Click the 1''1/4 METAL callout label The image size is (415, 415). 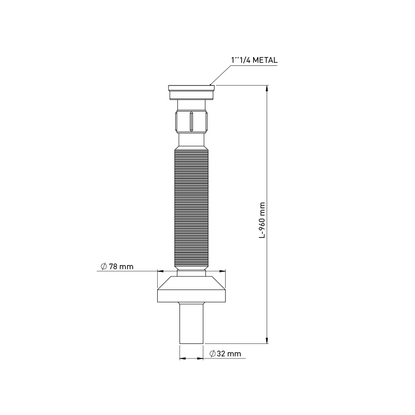tap(254, 61)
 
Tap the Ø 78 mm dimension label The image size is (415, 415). tap(117, 267)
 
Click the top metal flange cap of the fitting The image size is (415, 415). tap(192, 92)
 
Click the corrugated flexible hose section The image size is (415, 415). tap(192, 208)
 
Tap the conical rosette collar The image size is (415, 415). tap(192, 283)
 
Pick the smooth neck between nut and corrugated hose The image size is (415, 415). tap(192, 140)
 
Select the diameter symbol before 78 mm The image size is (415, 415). tap(104, 267)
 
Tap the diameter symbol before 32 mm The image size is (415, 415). tap(213, 354)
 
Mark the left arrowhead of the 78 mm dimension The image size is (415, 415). tap(160, 270)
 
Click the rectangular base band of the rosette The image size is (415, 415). tap(192, 295)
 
